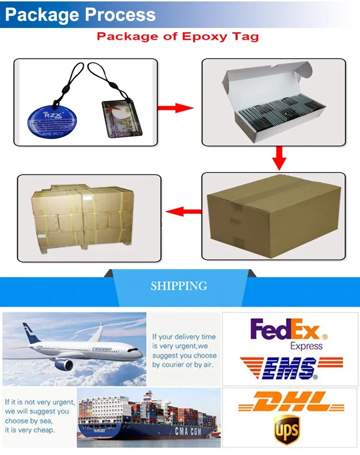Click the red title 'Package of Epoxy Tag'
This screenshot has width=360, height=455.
(x=178, y=36)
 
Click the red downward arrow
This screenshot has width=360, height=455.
(x=279, y=158)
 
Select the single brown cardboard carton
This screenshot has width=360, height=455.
(x=274, y=216)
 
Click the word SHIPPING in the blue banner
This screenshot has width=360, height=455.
(x=179, y=286)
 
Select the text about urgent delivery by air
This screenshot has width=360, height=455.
(x=184, y=351)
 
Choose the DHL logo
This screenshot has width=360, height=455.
(x=290, y=402)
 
